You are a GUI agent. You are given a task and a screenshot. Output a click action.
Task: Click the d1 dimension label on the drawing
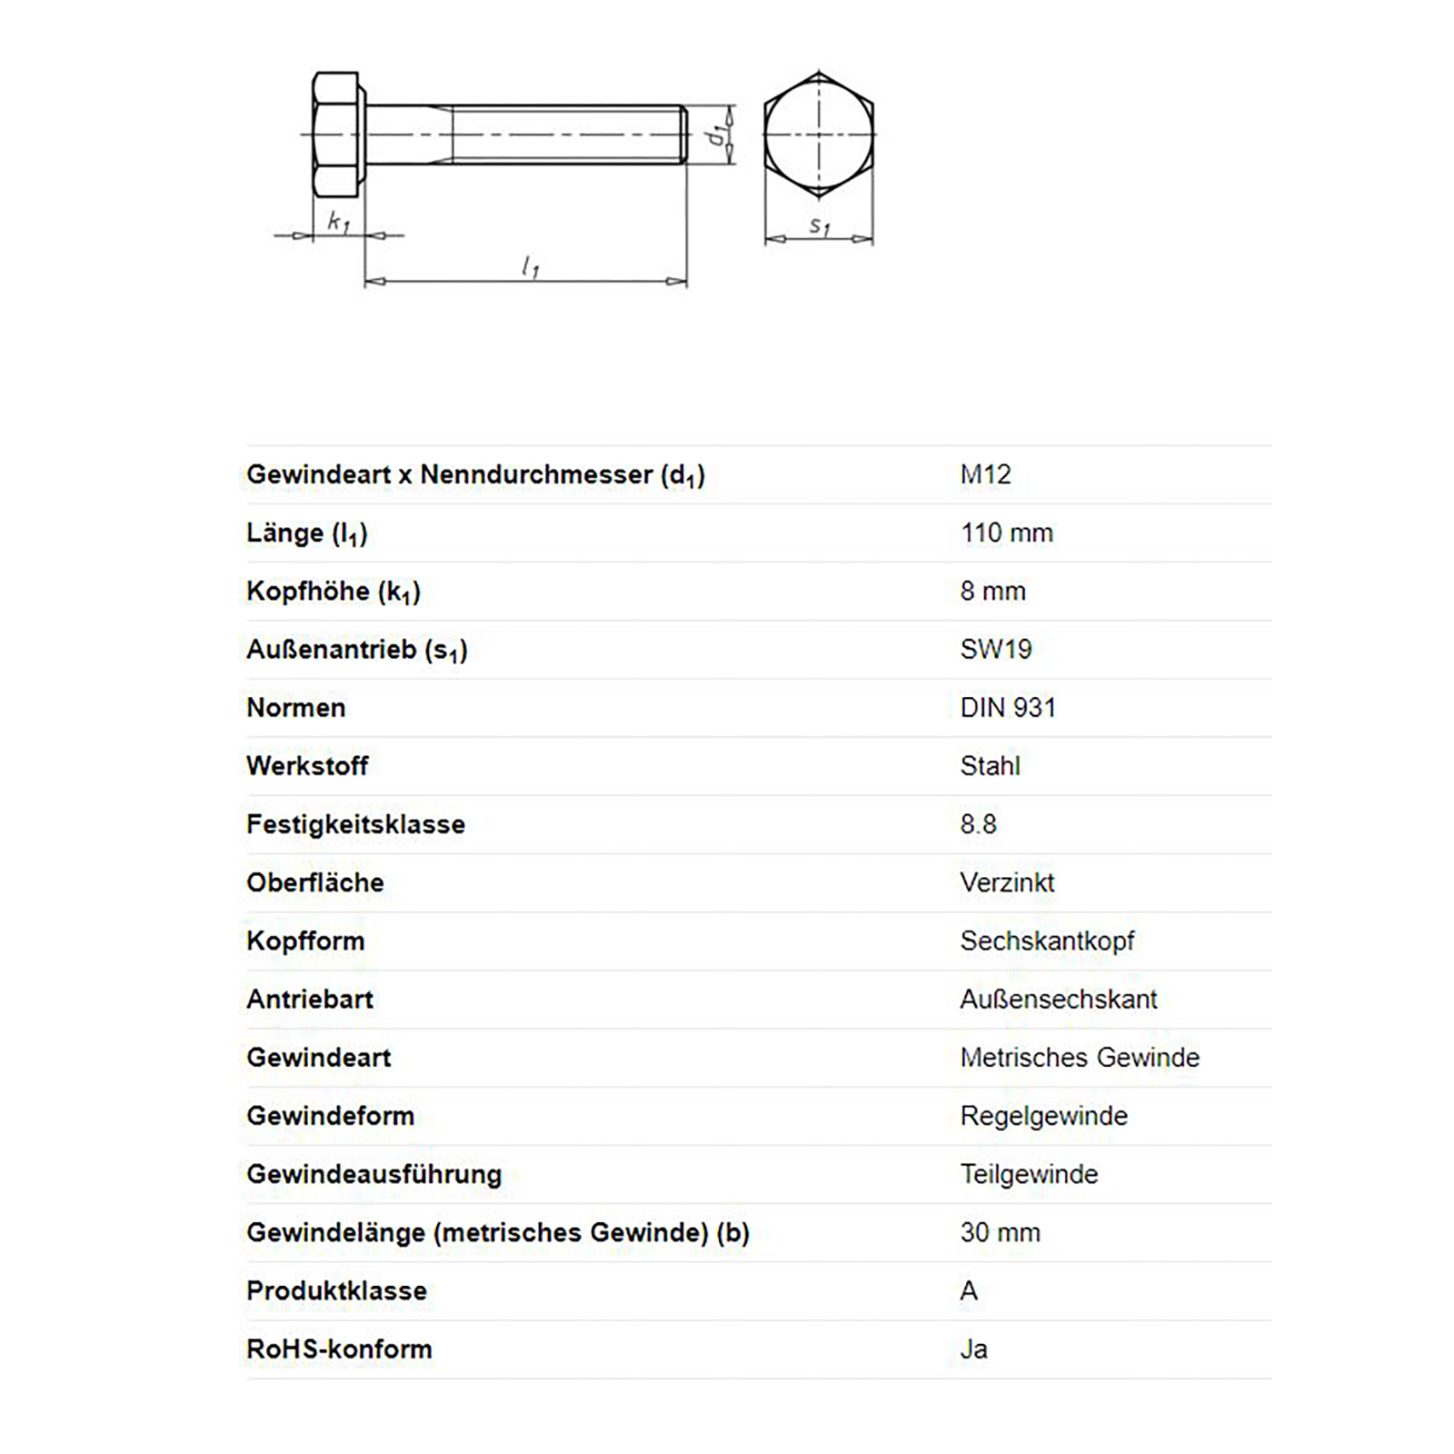(x=719, y=134)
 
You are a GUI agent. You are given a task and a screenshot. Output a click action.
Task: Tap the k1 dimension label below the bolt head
(x=338, y=221)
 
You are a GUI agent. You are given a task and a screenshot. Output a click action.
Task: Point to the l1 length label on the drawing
(x=531, y=266)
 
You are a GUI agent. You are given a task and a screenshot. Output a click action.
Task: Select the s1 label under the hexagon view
(x=820, y=224)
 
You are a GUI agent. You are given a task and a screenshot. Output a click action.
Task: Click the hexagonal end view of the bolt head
(x=819, y=134)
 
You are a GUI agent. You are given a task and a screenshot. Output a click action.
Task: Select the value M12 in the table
(x=985, y=474)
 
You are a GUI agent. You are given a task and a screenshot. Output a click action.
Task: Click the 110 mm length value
(x=1006, y=533)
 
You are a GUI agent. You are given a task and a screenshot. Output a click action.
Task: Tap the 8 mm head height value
(x=992, y=591)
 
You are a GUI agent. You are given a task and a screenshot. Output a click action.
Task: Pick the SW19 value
(x=996, y=649)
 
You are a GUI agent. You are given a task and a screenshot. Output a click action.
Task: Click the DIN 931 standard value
(x=1008, y=707)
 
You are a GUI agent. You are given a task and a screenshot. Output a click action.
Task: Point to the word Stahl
(x=990, y=766)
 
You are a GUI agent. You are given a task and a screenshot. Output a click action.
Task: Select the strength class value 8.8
(x=978, y=824)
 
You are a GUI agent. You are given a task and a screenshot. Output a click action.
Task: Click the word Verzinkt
(x=1007, y=882)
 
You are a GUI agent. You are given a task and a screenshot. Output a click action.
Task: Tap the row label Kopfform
(x=305, y=941)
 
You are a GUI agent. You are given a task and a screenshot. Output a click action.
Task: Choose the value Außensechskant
(x=1059, y=999)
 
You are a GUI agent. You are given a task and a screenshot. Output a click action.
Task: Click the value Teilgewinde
(x=1029, y=1174)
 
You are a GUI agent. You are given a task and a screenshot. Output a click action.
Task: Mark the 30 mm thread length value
(x=1000, y=1232)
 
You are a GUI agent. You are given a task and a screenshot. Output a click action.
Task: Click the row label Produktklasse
(x=336, y=1290)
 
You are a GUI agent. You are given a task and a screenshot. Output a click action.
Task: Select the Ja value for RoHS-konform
(x=973, y=1349)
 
